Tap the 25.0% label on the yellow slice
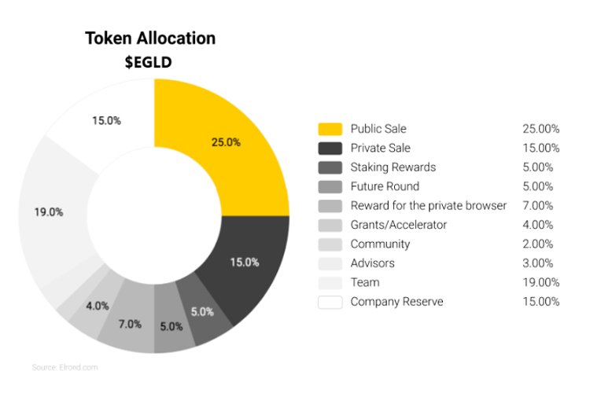click(227, 142)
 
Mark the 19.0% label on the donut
click(49, 212)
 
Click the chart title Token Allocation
click(150, 38)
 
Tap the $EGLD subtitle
click(150, 63)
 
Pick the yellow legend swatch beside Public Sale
click(330, 129)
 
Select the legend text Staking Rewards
click(393, 167)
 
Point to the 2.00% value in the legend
click(540, 244)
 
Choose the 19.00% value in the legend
click(540, 282)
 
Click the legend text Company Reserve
click(396, 302)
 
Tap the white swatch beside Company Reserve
click(330, 302)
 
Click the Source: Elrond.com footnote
click(65, 367)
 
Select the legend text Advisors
click(373, 263)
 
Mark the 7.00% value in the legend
click(540, 206)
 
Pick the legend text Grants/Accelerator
click(398, 225)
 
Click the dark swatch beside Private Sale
click(330, 148)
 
